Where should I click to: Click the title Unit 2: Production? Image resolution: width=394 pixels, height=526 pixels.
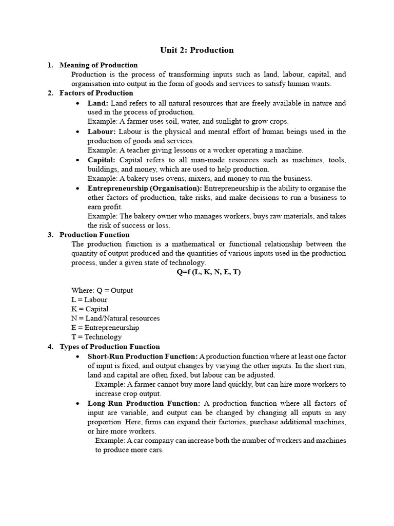(x=196, y=50)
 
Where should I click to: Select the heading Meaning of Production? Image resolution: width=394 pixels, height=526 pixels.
(x=98, y=65)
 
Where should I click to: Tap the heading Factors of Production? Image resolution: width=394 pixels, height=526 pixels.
(x=96, y=93)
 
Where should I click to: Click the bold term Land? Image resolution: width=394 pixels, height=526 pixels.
(x=98, y=103)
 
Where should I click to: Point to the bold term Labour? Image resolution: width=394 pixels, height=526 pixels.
(x=102, y=131)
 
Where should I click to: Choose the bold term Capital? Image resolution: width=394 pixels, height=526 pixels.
(x=102, y=160)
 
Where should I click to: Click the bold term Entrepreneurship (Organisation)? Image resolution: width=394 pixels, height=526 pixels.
(x=145, y=188)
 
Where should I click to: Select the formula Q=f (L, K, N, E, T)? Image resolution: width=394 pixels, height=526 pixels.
(x=209, y=272)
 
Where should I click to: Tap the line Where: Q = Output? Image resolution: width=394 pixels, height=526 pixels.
(x=102, y=290)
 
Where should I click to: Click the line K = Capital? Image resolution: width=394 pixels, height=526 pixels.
(x=90, y=309)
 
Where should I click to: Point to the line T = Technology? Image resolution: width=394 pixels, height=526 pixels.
(x=96, y=337)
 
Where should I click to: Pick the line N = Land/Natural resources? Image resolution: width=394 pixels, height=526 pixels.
(x=115, y=318)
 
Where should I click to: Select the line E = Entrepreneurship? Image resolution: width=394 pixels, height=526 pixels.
(x=105, y=328)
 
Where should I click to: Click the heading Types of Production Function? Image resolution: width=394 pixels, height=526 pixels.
(x=110, y=347)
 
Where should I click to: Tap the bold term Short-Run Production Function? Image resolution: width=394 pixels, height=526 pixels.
(x=142, y=356)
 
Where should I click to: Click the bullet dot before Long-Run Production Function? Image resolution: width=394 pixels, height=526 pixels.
(x=76, y=404)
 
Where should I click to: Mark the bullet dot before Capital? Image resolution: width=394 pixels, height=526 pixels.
(x=76, y=160)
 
